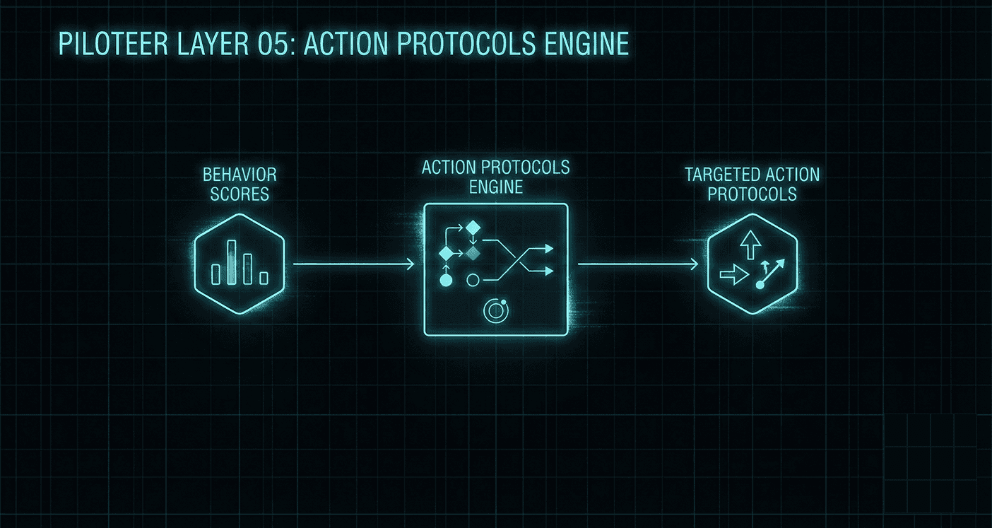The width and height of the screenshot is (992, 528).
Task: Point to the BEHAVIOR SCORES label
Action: pos(240,184)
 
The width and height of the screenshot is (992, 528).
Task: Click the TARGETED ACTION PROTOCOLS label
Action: pos(752,184)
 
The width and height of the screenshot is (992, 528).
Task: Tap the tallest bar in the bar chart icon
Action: pos(232,262)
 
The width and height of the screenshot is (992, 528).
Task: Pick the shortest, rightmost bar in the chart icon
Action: pos(264,278)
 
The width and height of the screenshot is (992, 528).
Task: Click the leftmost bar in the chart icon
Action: pos(217,274)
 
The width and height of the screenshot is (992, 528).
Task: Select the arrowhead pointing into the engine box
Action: pos(410,264)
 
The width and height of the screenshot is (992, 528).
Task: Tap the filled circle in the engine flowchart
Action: pos(446,281)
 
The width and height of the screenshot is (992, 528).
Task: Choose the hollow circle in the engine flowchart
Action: pos(473,281)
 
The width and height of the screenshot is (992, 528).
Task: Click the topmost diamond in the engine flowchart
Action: pos(473,228)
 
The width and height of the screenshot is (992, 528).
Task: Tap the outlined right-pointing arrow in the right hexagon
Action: pos(732,274)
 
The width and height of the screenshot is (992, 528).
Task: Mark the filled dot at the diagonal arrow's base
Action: pos(760,285)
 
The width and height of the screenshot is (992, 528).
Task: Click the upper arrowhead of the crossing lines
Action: pos(548,248)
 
